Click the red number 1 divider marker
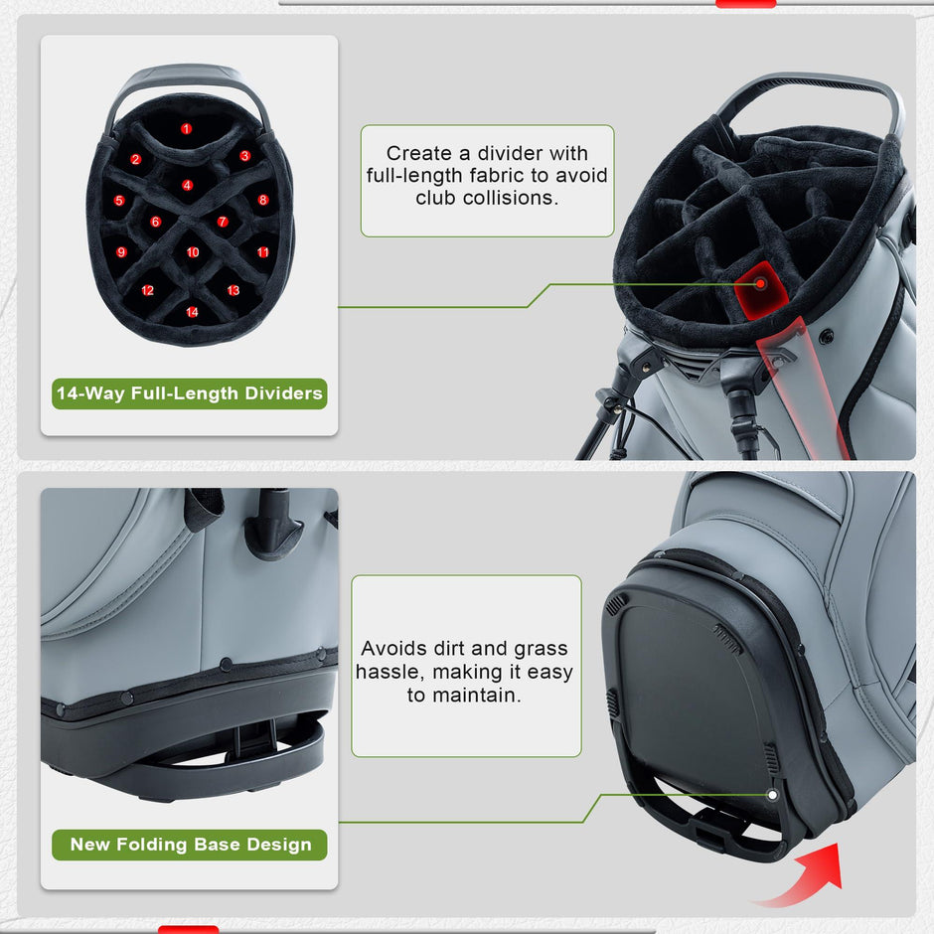pyautogui.click(x=186, y=128)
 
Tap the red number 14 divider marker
pyautogui.click(x=192, y=312)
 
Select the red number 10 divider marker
pyautogui.click(x=193, y=252)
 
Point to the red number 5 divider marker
pyautogui.click(x=119, y=201)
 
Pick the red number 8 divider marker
pyautogui.click(x=263, y=200)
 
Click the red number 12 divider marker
pyautogui.click(x=148, y=291)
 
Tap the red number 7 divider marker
pyautogui.click(x=223, y=223)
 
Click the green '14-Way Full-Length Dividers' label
pyautogui.click(x=190, y=393)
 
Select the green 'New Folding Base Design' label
pyautogui.click(x=190, y=845)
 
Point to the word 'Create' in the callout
pyautogui.click(x=419, y=153)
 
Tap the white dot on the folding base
pyautogui.click(x=773, y=795)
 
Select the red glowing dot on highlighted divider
pyautogui.click(x=760, y=284)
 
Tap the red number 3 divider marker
pyautogui.click(x=244, y=156)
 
